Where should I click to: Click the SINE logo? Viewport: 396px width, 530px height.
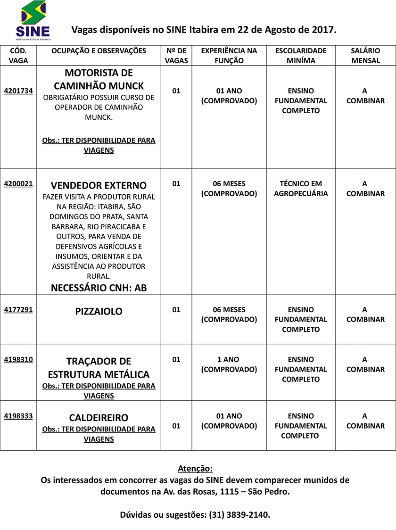[x=33, y=20]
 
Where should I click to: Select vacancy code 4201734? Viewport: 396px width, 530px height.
[x=18, y=91]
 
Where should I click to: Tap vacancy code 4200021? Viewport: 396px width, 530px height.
[x=18, y=184]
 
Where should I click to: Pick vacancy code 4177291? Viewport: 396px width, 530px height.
[x=18, y=310]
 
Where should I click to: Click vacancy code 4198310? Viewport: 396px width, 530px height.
[x=18, y=359]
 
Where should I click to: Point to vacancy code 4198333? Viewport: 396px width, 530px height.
[x=18, y=416]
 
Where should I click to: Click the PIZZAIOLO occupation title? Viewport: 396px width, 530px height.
[x=99, y=312]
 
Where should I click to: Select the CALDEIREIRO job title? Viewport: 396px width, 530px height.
[x=99, y=418]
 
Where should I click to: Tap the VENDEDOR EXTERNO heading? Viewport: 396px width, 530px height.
[x=99, y=185]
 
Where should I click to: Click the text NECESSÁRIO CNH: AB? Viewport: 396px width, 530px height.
[x=99, y=288]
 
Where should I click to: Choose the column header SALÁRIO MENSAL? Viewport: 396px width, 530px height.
[x=365, y=56]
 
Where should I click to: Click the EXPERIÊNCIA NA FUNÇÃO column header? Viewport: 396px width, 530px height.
[x=229, y=56]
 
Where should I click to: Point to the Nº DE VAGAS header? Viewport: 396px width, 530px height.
[x=176, y=56]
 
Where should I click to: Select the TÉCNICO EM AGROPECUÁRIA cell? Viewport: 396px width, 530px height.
[x=301, y=189]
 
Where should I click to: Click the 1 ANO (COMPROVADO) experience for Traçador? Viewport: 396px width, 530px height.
[x=229, y=364]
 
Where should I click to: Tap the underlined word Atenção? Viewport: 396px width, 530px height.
[x=195, y=469]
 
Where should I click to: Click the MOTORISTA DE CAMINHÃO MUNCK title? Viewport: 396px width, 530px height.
[x=99, y=80]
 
